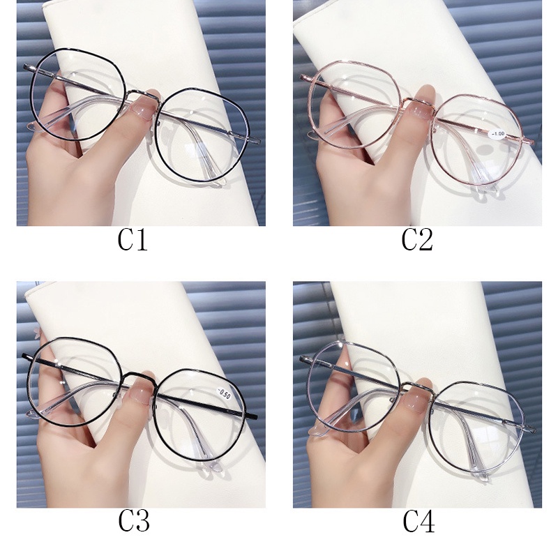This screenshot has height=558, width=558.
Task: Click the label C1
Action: coord(133,241)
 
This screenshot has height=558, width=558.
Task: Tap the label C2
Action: coord(417,241)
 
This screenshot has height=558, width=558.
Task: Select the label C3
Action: coord(133,520)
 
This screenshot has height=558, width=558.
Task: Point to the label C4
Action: coord(417,520)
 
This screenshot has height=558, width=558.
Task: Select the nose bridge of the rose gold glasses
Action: coord(418,103)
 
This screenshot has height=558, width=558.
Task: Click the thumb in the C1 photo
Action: coord(52,112)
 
